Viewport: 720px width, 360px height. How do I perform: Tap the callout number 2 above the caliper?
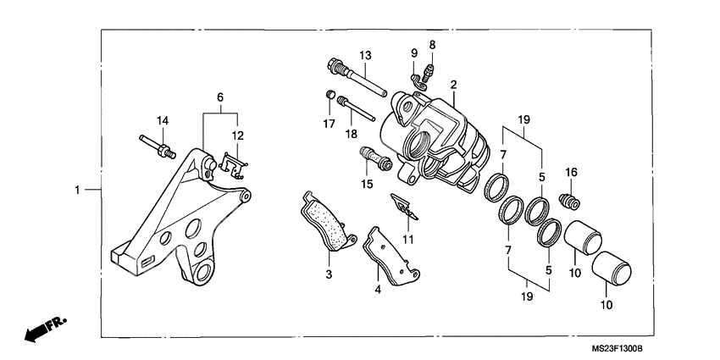coord(454,85)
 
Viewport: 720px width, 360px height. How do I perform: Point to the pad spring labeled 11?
coord(403,206)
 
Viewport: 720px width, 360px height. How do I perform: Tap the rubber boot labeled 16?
coord(571,202)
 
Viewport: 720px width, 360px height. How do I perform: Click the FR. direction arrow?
coord(45,329)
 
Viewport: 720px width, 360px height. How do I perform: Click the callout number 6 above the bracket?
coord(220,97)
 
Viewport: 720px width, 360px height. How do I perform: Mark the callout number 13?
coord(365,56)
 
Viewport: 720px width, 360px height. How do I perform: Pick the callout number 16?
coord(571,173)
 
